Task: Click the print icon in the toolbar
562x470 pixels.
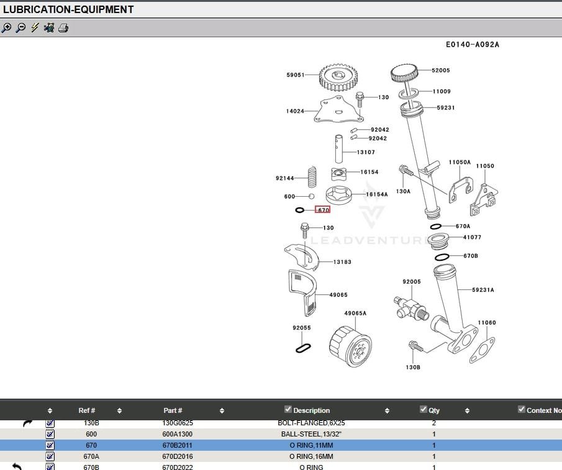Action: pos(63,27)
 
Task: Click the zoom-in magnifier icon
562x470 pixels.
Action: pos(7,27)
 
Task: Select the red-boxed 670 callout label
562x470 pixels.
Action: pos(322,210)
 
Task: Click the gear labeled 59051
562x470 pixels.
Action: pos(340,78)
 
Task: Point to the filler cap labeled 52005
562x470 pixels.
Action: pos(407,73)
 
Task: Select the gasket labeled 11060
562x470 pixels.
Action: pos(482,348)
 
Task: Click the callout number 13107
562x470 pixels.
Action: pos(366,152)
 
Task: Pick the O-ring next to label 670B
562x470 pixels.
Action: pos(442,256)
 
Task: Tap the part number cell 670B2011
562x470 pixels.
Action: pos(177,445)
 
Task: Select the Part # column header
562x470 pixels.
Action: pos(173,410)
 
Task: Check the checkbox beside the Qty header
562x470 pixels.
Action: pos(424,409)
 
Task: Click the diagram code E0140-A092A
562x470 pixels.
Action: pos(472,45)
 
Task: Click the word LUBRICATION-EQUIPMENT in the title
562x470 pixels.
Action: pos(68,9)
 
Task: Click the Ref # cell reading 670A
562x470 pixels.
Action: pos(91,456)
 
